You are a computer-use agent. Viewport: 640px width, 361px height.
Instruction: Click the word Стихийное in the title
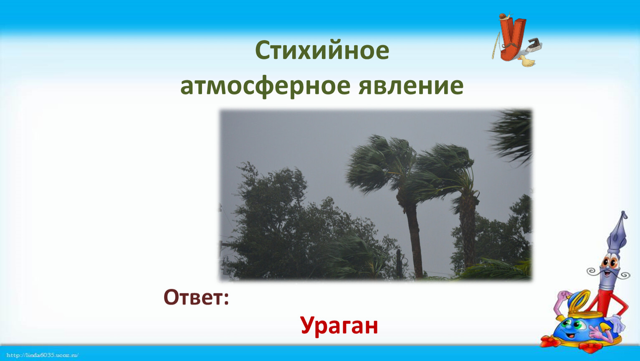[322, 50]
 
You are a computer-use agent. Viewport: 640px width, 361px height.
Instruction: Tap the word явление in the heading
[411, 86]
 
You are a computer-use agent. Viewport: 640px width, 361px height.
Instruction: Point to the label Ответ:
[196, 297]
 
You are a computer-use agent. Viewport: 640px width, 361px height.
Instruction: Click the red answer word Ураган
[339, 326]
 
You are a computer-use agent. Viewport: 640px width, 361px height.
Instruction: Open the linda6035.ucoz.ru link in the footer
[42, 355]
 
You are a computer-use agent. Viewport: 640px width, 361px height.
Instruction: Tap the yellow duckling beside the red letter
[527, 61]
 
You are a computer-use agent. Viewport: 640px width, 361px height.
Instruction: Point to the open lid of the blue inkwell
[578, 302]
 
